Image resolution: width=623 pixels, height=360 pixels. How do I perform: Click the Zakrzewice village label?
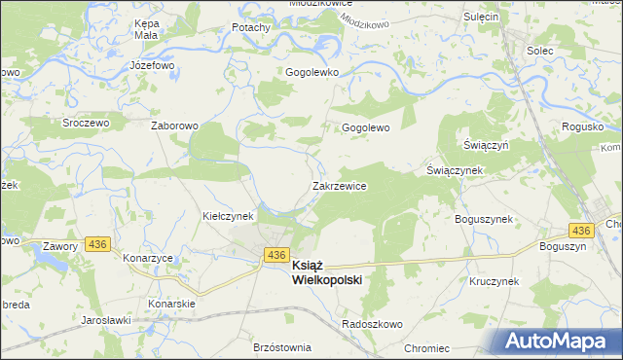pyautogui.click(x=339, y=185)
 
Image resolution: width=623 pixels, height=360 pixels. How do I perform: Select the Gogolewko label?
pyautogui.click(x=311, y=72)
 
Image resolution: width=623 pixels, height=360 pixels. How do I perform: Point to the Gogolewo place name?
pyautogui.click(x=365, y=127)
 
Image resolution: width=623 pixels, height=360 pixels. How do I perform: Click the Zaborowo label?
pyautogui.click(x=174, y=126)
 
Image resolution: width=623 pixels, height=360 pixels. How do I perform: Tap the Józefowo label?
pyautogui.click(x=152, y=65)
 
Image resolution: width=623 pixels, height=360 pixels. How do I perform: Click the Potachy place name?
pyautogui.click(x=251, y=27)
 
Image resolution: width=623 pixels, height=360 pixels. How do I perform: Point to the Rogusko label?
pyautogui.click(x=582, y=127)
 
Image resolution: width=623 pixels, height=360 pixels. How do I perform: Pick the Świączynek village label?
pyautogui.click(x=455, y=169)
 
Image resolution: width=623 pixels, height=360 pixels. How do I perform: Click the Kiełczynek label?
pyautogui.click(x=228, y=215)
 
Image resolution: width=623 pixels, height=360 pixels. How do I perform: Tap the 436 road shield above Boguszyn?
pyautogui.click(x=581, y=230)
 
